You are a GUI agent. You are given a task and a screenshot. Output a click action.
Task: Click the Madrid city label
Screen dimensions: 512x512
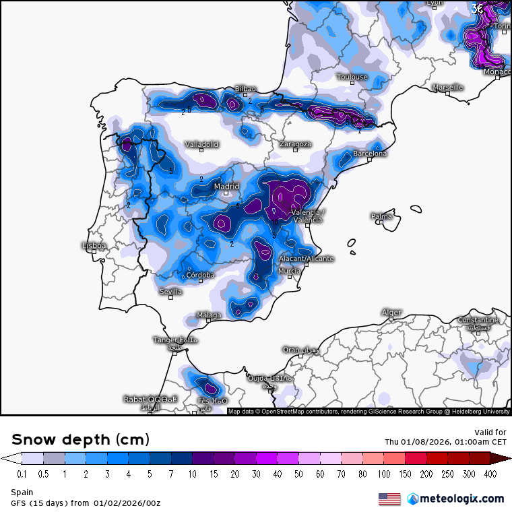tap(226, 187)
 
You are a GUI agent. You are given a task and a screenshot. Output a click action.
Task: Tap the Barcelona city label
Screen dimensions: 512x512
tap(370, 154)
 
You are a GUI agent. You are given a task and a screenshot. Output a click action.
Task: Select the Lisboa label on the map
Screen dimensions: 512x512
tap(94, 246)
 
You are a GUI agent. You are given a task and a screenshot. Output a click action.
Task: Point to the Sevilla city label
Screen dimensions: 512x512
tap(170, 292)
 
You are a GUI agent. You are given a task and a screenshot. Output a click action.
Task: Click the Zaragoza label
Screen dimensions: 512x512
tap(295, 144)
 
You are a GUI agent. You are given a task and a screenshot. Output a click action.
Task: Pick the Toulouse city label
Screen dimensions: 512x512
tap(352, 77)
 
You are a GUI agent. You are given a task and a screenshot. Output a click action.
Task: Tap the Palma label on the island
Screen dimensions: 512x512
tap(381, 216)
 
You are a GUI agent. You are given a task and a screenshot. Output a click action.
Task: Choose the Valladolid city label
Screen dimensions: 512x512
tap(202, 144)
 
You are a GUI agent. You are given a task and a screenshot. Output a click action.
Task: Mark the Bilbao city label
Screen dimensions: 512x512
tap(245, 89)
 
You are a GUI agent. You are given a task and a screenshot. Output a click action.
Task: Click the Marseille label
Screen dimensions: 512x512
tap(447, 88)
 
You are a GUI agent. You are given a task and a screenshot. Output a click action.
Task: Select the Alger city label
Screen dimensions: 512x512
tap(391, 312)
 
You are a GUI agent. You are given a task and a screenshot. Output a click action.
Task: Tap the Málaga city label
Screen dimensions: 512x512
tap(209, 315)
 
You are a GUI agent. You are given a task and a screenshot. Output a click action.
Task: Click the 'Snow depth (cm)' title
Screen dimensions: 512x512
tap(80, 440)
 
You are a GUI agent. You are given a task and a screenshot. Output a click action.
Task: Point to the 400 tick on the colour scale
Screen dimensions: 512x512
tap(490, 474)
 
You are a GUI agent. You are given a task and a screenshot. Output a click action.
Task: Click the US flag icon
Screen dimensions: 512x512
tap(389, 499)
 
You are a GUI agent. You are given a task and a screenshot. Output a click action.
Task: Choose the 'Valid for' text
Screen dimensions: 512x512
tap(490, 432)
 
